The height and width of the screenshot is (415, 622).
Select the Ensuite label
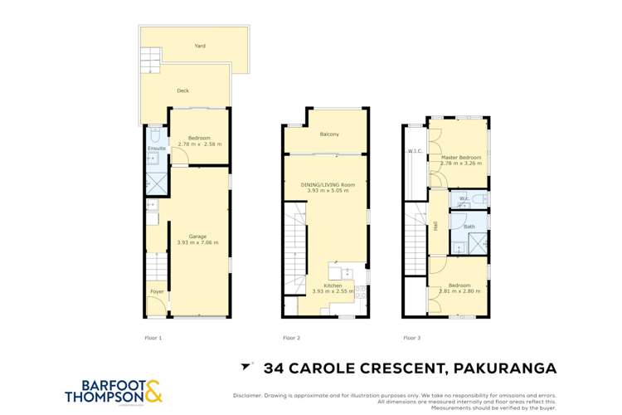point(156,149)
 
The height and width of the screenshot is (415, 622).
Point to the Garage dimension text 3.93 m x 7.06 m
point(197,242)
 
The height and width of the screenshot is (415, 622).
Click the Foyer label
point(157,292)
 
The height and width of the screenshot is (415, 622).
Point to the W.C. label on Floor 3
point(465,198)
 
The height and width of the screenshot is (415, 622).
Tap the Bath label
point(469,226)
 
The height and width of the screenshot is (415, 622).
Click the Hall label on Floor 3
point(435,225)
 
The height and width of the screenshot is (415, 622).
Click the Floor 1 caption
point(153,338)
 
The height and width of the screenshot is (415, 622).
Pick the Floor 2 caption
point(291,338)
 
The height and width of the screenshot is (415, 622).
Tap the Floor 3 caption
point(411,338)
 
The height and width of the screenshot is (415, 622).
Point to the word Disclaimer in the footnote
point(250,395)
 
